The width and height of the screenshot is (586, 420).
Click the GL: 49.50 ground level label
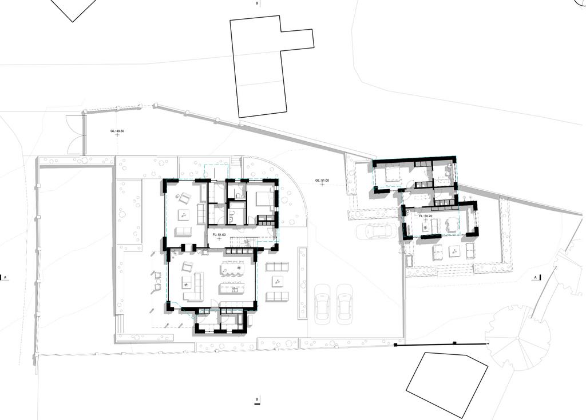pos(117,131)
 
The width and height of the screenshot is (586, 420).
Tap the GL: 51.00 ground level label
pos(322,181)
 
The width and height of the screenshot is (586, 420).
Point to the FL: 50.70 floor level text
pos(426,216)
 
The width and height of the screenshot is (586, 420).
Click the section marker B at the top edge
pos(257,3)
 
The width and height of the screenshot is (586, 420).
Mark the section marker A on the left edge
pos(6,277)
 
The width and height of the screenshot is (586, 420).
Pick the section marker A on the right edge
pos(536,277)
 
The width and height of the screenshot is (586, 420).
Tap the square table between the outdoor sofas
pos(278,281)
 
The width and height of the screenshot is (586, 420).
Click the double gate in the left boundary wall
pos(75,134)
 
